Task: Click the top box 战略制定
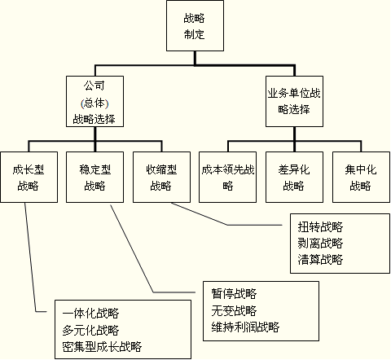tap(195, 25)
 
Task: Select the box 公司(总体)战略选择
tap(94, 101)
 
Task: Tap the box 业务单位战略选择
tap(294, 101)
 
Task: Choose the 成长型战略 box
tap(29, 177)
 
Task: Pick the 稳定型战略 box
tap(94, 177)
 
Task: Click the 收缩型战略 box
tap(161, 177)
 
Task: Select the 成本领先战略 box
tap(227, 177)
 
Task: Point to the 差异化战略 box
tap(294, 177)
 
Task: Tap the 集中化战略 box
tap(361, 177)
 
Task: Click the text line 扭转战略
tap(320, 226)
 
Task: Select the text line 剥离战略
tap(320, 243)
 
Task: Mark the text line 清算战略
tap(320, 259)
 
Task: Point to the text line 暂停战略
tap(234, 294)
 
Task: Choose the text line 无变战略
tap(234, 310)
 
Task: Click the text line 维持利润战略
tap(245, 327)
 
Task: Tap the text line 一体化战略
tap(90, 314)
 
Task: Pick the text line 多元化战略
tap(90, 330)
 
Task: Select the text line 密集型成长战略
tap(102, 346)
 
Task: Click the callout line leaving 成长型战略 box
tap(30, 258)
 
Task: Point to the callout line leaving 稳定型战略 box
tap(132, 248)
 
